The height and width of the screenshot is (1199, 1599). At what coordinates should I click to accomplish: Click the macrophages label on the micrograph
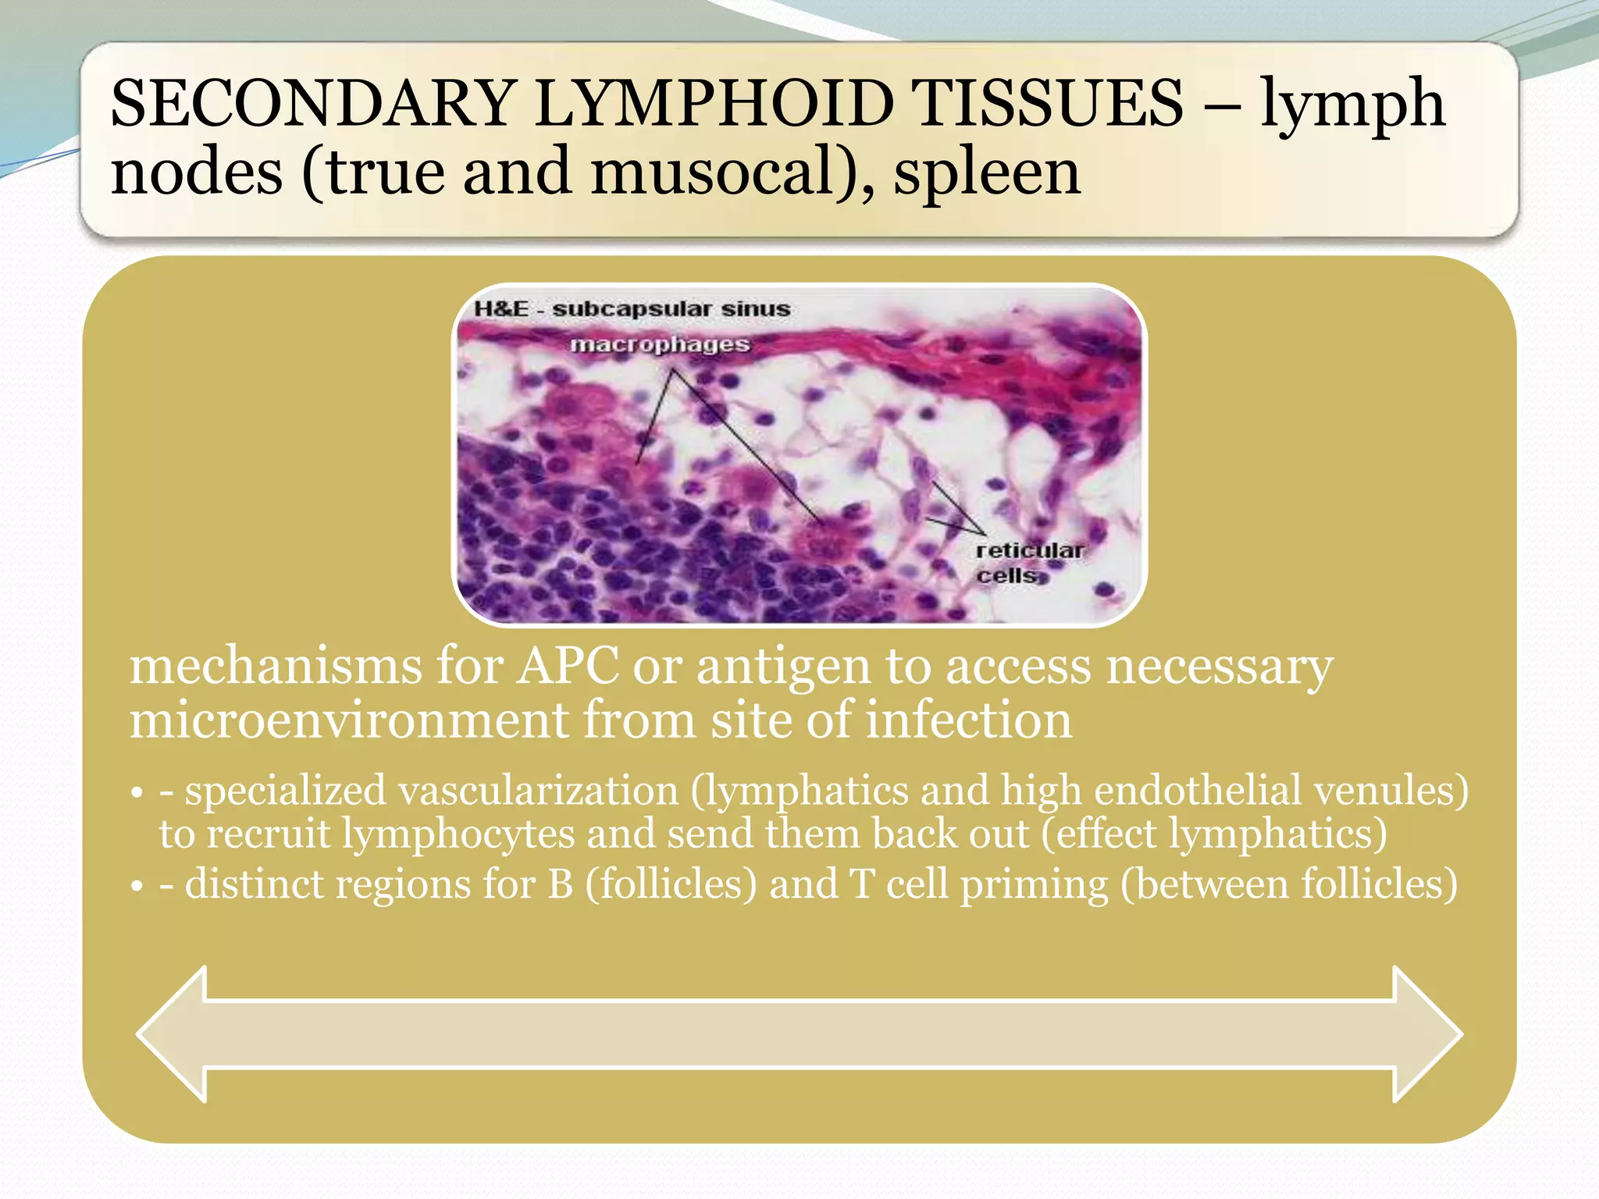tap(660, 344)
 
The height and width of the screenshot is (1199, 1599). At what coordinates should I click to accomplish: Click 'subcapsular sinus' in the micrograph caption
tap(671, 309)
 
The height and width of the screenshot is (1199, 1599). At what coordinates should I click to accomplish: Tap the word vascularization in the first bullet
tap(539, 791)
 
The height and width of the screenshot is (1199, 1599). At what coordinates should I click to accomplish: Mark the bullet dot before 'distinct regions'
tap(137, 887)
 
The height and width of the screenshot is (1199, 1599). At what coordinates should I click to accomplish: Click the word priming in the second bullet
tap(1033, 885)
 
